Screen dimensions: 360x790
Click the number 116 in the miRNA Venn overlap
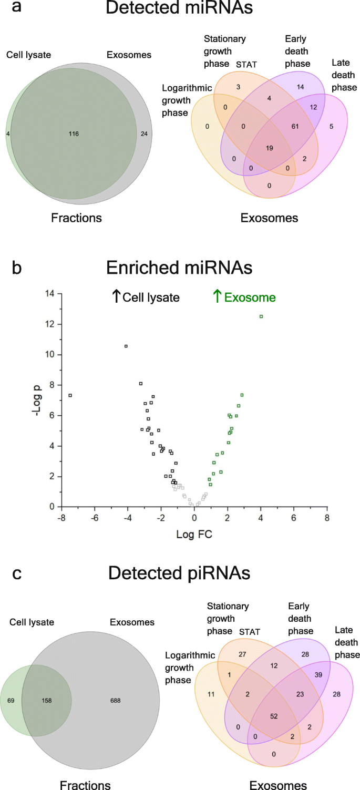coord(74,134)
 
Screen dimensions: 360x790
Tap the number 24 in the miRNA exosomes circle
coord(144,134)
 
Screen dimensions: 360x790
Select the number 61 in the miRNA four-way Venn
coord(295,126)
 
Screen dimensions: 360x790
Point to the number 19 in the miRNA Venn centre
coord(270,148)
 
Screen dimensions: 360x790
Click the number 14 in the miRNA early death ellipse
coord(300,87)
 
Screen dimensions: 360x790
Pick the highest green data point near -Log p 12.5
coord(261,316)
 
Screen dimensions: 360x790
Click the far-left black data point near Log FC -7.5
coord(70,395)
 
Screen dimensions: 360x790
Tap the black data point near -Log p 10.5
coord(126,346)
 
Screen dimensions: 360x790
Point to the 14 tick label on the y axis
coord(50,293)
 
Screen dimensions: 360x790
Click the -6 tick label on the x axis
coord(95,518)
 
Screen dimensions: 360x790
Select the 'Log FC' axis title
coord(194,535)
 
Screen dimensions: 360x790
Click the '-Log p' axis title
coord(37,401)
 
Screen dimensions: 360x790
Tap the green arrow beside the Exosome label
coord(217,296)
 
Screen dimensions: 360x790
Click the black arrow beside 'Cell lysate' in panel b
coord(116,296)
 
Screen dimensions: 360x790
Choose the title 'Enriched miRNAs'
coord(179,268)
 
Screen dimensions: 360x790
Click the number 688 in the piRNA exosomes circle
coord(115,701)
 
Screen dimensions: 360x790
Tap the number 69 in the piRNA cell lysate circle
coord(11,701)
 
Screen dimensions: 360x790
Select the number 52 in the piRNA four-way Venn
coord(274,716)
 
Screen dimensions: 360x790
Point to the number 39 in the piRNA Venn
coord(318,675)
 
